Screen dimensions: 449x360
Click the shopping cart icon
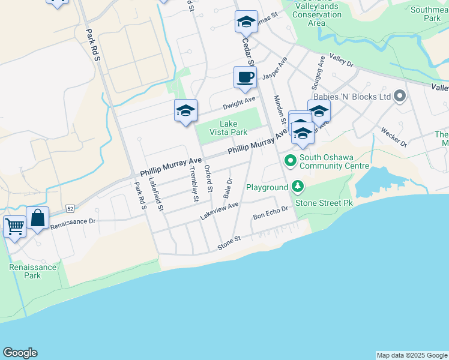tap(14, 227)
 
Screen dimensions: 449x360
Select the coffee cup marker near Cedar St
tap(245, 77)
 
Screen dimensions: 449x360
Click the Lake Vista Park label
tap(228, 128)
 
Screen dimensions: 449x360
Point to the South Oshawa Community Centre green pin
tap(291, 160)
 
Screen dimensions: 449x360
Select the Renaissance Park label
tap(33, 271)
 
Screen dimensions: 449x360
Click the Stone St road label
tap(229, 242)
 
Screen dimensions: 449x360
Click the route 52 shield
tap(70, 208)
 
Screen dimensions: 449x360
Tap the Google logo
tap(20, 353)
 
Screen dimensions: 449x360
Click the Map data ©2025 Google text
tap(412, 355)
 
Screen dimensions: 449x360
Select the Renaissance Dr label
tap(73, 223)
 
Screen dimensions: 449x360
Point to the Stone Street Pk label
tap(323, 203)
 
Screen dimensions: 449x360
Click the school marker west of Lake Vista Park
tap(186, 110)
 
